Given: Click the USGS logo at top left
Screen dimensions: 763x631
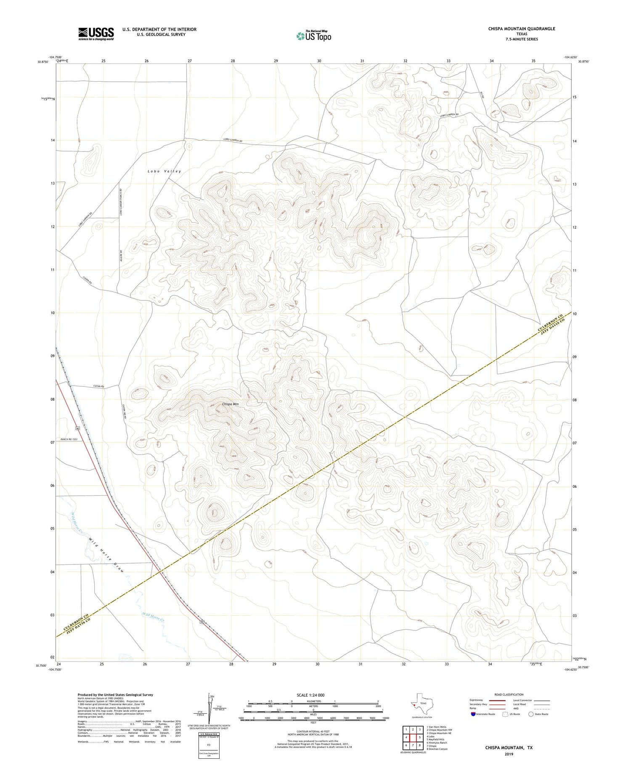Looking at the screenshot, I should (96, 34).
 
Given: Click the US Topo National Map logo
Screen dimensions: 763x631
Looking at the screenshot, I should (313, 36).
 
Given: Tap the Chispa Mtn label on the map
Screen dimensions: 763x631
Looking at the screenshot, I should (230, 404).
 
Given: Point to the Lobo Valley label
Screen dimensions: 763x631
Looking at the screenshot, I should (164, 171).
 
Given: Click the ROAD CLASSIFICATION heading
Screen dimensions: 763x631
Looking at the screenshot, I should (509, 694).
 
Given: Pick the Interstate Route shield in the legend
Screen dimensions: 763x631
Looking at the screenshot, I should (473, 714).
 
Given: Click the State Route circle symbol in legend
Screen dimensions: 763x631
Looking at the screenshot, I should (531, 714).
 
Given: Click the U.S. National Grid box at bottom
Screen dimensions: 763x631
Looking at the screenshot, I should (209, 745).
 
